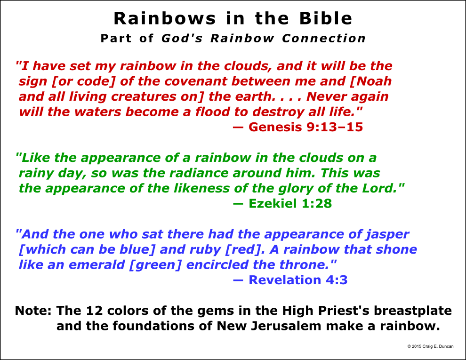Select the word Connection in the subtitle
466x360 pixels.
click(324, 38)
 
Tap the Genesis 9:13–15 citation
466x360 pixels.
click(298, 127)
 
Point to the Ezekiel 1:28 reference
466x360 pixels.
click(282, 203)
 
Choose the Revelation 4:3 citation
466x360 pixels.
click(290, 280)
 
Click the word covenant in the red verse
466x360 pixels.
click(195, 81)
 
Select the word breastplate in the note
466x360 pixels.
click(412, 311)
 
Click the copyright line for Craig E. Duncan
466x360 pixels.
click(430, 346)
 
